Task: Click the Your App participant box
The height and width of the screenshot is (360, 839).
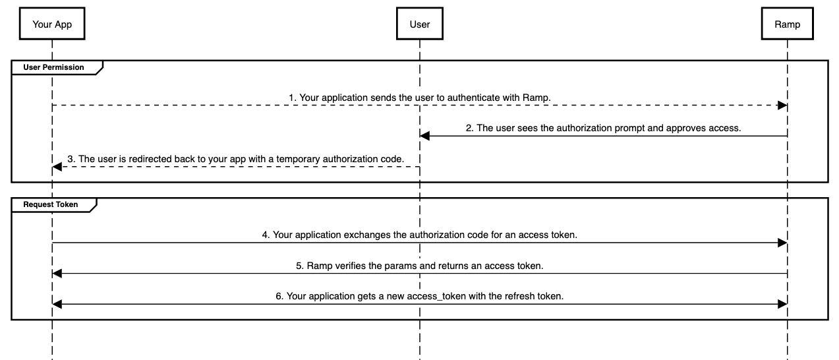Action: (x=51, y=24)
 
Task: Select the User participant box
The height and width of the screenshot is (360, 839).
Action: (x=420, y=24)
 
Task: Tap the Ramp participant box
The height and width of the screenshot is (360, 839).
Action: (x=788, y=24)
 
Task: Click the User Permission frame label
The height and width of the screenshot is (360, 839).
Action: (x=53, y=67)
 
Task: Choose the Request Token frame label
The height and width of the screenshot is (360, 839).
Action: (x=50, y=204)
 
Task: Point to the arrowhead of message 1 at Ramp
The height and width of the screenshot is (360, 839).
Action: (x=782, y=105)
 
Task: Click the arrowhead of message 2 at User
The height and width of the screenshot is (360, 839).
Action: (x=425, y=136)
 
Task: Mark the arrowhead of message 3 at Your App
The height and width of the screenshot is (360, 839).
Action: (x=57, y=167)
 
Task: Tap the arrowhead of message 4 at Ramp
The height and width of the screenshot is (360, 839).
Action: (x=782, y=243)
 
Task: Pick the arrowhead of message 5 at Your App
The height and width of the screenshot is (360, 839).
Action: (x=57, y=273)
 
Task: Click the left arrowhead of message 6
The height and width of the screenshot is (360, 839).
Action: (x=57, y=304)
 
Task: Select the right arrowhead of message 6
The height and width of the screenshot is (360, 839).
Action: (x=782, y=304)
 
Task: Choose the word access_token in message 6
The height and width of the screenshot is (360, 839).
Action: (x=434, y=296)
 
